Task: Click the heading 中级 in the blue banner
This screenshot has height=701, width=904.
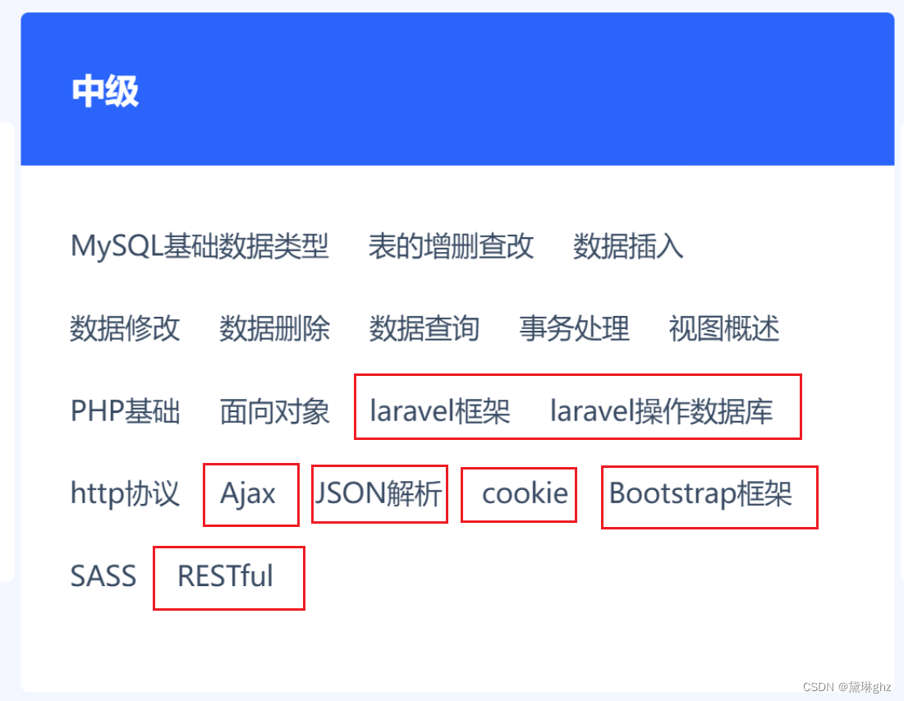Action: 105,91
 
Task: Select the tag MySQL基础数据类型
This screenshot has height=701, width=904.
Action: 200,246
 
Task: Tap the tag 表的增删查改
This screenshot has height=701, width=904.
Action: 451,246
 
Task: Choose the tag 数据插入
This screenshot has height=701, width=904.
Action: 628,246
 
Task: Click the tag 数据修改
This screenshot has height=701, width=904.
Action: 125,329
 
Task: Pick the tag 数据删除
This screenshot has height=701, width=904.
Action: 274,329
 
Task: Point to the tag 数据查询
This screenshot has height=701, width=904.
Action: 424,329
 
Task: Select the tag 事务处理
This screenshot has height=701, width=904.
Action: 574,329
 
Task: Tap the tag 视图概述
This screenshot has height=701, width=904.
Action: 724,329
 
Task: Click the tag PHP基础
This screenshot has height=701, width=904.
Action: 125,411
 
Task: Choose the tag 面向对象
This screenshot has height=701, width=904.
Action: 274,411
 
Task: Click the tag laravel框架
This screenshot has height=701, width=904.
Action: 440,411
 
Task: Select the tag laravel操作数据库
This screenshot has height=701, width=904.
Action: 661,411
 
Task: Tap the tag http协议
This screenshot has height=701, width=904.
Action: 125,494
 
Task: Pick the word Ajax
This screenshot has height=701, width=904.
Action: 248,494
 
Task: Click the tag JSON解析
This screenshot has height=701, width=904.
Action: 379,494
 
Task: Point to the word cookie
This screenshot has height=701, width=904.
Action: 525,494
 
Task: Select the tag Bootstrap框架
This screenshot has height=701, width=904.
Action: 700,494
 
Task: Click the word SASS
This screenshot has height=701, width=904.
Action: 103,576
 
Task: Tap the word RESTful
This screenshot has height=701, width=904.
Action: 225,576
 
